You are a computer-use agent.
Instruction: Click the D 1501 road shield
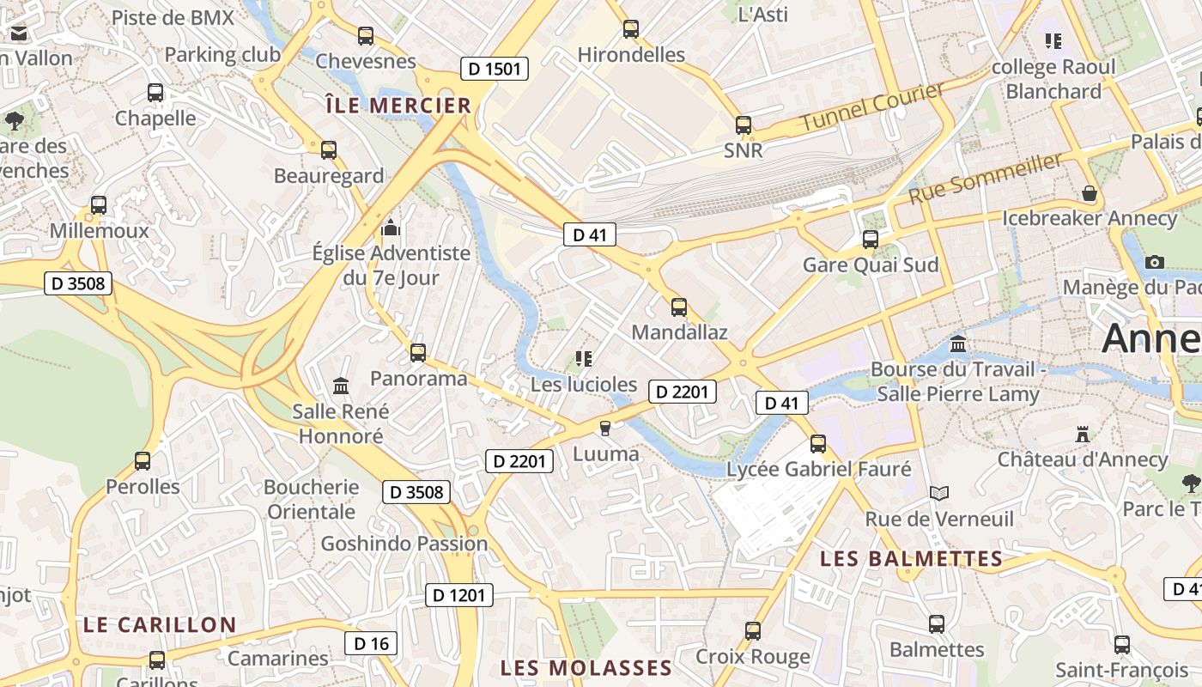pos(494,69)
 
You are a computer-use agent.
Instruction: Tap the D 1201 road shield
pos(459,595)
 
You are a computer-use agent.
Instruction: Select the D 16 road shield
pos(371,643)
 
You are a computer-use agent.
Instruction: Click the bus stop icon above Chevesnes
pos(366,36)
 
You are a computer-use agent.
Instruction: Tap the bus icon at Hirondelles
pos(631,29)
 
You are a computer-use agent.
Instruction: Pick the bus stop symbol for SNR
pos(744,125)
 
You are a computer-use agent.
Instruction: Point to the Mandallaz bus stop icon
pos(679,307)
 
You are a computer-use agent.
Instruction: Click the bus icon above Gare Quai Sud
pos(871,239)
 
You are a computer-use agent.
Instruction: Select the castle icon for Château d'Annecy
pos(1083,435)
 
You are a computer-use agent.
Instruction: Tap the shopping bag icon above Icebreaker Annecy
pos(1090,194)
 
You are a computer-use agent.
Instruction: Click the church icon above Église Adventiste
pos(392,228)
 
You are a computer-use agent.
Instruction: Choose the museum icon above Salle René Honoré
pos(341,386)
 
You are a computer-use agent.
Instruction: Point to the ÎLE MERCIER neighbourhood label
pos(398,106)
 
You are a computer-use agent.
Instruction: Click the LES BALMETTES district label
pos(911,559)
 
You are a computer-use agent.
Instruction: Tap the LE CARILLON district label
pos(160,624)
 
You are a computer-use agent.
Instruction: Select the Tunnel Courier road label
pos(871,106)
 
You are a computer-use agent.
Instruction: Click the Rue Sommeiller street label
pos(986,179)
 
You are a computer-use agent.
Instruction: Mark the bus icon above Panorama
pos(418,353)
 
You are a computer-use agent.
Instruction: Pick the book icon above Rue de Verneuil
pos(939,494)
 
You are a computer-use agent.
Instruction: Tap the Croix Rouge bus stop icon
pos(753,631)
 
